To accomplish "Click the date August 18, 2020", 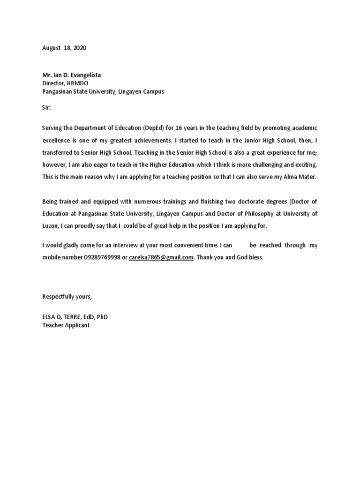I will tap(64, 48).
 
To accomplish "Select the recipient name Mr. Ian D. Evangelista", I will tap(71, 75).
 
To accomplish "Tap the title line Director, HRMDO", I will tap(65, 83).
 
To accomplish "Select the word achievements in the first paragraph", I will tap(146, 140).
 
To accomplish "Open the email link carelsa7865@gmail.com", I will tap(161, 257).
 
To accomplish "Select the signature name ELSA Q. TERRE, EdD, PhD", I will tap(75, 317).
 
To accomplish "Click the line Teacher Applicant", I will tap(66, 325).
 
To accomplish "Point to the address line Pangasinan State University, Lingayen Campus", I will tap(103, 92).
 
